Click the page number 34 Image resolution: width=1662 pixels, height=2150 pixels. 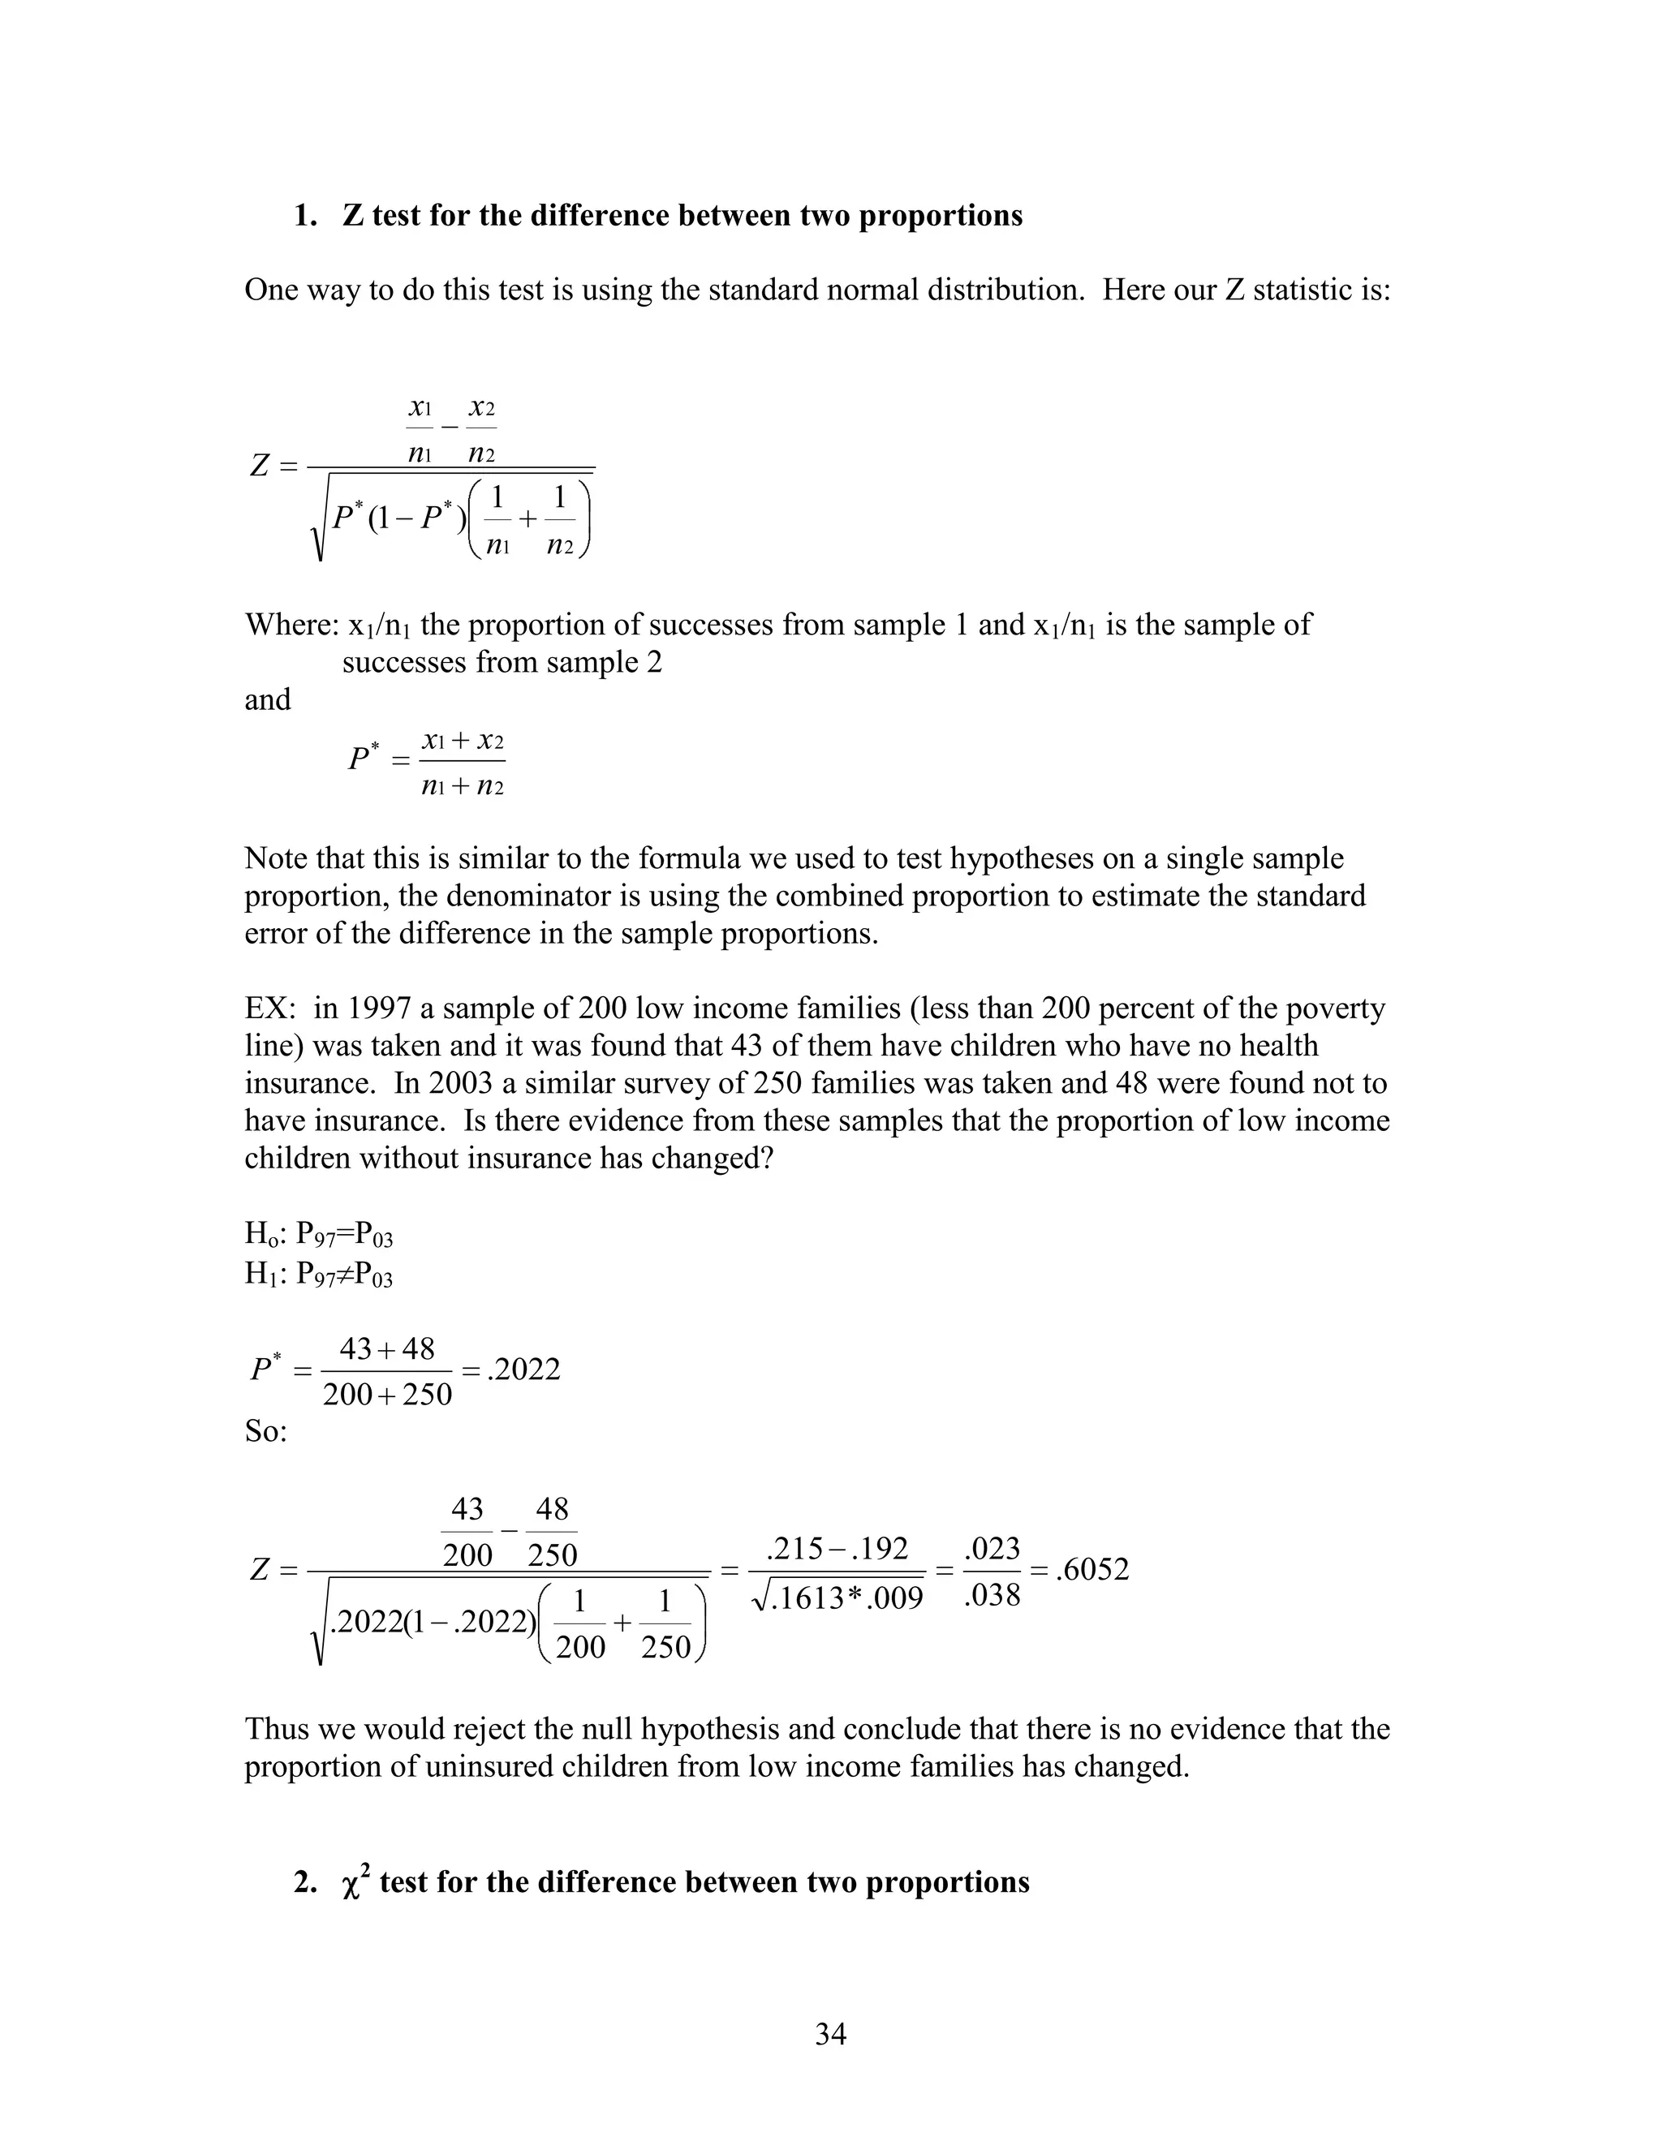pyautogui.click(x=830, y=2034)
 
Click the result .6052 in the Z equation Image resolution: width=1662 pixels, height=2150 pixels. pyautogui.click(x=1092, y=1569)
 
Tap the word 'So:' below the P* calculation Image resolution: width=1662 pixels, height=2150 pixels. pyautogui.click(x=266, y=1430)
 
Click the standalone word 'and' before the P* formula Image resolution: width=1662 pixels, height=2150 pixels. pyautogui.click(x=267, y=700)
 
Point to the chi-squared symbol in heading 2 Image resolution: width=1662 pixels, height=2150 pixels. pyautogui.click(x=352, y=1884)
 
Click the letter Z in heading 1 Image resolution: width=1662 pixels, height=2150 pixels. pyautogui.click(x=352, y=216)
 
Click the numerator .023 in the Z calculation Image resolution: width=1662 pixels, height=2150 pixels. pyautogui.click(x=992, y=1549)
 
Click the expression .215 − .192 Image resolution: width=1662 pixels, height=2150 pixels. pyautogui.click(x=837, y=1549)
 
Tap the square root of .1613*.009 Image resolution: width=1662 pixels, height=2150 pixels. pyautogui.click(x=837, y=1597)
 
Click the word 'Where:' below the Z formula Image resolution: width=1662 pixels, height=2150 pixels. pyautogui.click(x=291, y=625)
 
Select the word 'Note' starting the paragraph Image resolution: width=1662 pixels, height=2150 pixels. pyautogui.click(x=277, y=858)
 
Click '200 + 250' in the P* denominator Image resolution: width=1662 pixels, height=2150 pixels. pyautogui.click(x=387, y=1394)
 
